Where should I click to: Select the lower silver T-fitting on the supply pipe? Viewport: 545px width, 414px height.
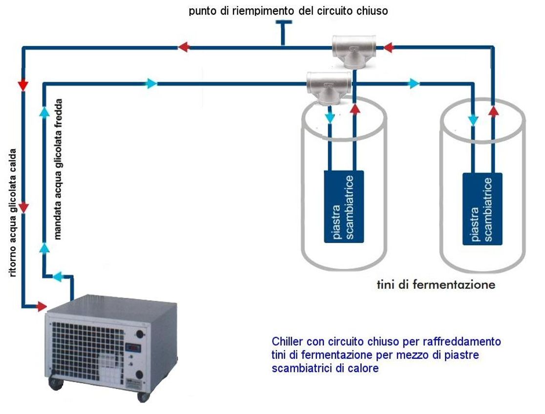point(329,86)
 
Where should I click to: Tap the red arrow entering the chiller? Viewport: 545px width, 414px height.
point(41,307)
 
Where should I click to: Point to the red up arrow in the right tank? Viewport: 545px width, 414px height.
point(493,112)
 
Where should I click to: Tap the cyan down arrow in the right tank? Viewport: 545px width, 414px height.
point(473,119)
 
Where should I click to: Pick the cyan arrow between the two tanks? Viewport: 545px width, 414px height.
point(414,83)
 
